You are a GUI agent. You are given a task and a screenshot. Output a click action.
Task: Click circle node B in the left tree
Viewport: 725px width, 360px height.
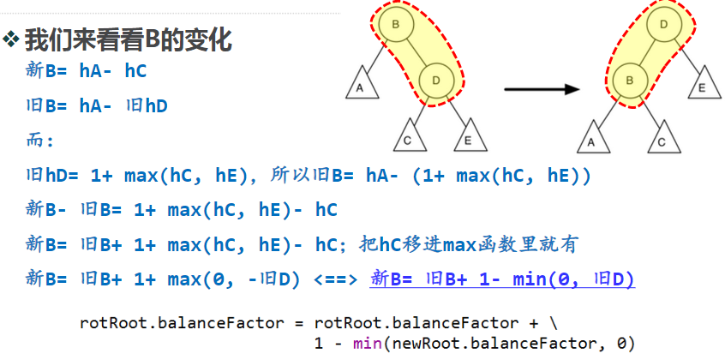click(396, 26)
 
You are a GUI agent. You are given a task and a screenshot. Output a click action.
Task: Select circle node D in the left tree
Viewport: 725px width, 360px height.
click(437, 80)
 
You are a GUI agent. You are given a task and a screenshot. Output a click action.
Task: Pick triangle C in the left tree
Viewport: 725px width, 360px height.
click(408, 136)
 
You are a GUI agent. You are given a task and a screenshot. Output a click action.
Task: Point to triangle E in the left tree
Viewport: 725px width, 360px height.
click(467, 137)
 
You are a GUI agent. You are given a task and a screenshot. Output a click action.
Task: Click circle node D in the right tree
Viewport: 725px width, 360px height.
click(664, 26)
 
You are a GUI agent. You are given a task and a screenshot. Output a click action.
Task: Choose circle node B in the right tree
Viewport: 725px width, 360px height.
click(630, 80)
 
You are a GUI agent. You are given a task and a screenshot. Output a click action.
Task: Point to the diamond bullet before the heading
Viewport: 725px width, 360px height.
click(11, 39)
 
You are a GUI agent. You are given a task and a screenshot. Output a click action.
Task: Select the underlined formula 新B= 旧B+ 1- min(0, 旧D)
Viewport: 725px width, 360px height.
click(502, 279)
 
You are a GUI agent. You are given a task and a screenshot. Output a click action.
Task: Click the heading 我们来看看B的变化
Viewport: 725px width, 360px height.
click(128, 39)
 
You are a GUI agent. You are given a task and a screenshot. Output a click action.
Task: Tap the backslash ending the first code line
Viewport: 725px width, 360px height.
click(554, 323)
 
